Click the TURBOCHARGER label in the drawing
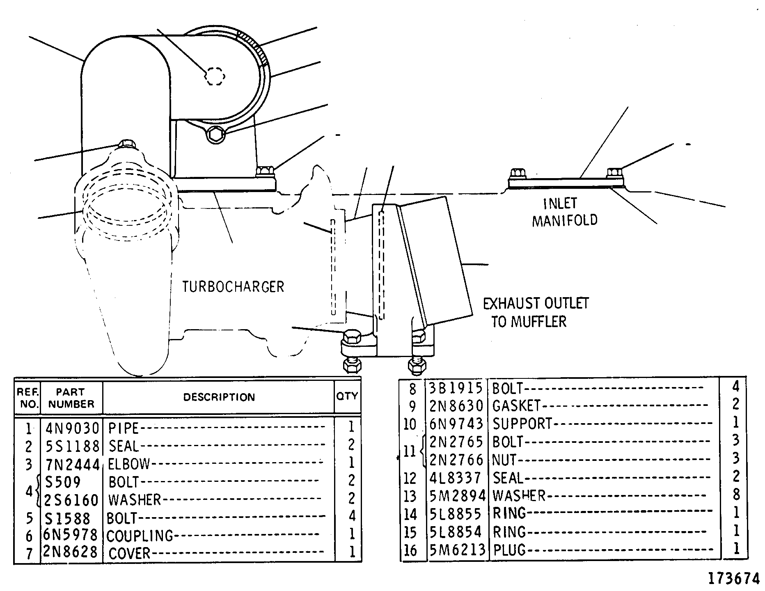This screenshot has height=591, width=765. [233, 286]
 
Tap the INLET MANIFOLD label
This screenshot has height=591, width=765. [565, 212]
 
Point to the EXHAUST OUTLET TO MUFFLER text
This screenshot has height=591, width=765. [536, 312]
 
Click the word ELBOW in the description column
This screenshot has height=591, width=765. [129, 464]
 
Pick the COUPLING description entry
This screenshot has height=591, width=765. [140, 536]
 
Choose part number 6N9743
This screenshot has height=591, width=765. [456, 423]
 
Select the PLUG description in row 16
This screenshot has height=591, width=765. [509, 549]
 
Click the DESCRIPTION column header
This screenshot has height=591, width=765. [219, 397]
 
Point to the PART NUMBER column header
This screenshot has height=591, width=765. [71, 398]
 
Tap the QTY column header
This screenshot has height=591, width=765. [347, 396]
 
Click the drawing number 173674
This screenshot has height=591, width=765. [734, 578]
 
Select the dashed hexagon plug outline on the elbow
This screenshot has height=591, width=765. [215, 76]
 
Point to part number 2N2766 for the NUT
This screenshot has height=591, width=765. [456, 459]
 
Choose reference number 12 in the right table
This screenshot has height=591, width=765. [410, 478]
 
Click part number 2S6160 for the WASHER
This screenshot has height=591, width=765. [72, 500]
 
